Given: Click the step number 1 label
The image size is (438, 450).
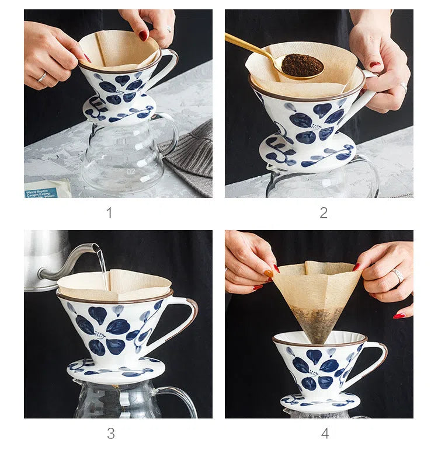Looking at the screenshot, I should pos(109,212).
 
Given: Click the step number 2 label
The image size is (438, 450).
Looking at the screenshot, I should pos(323,212).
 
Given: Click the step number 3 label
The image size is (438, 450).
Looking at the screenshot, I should pos(110,433).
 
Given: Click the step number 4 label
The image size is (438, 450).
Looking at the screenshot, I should pos(325,433).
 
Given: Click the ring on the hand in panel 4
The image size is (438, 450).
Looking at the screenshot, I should pos(398,274).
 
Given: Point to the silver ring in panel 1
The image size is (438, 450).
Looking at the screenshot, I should pos(43,76).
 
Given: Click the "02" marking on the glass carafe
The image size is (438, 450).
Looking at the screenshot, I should pos(131,172).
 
